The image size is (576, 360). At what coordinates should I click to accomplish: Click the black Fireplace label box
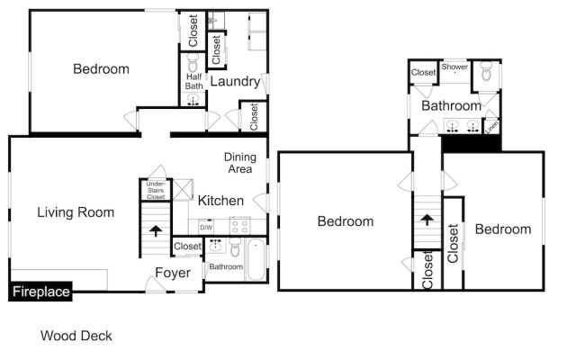point(40,292)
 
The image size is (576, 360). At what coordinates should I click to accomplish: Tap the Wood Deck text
point(76,336)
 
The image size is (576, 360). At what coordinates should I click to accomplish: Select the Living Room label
point(76,212)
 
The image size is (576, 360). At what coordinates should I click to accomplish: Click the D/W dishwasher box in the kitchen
point(206,227)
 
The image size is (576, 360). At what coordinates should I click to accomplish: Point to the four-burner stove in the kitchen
point(239,226)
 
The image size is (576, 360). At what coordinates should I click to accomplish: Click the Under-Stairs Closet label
point(149,190)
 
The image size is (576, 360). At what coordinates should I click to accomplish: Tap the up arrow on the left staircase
point(155,230)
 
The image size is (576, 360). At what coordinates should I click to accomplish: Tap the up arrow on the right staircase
point(427,220)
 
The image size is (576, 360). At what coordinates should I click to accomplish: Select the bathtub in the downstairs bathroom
point(256,263)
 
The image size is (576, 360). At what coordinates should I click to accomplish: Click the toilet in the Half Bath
point(193,63)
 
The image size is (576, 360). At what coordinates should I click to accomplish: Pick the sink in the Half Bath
point(193,102)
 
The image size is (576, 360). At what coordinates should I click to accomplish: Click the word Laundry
point(235,82)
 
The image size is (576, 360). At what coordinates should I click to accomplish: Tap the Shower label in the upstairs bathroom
point(454,67)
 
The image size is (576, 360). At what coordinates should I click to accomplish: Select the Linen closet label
point(491,128)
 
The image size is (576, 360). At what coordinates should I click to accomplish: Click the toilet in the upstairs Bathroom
point(487,72)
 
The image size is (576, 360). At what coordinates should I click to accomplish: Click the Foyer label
point(171,273)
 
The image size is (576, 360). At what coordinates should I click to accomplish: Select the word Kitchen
point(220,200)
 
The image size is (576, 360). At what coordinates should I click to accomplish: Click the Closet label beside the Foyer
point(187,246)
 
